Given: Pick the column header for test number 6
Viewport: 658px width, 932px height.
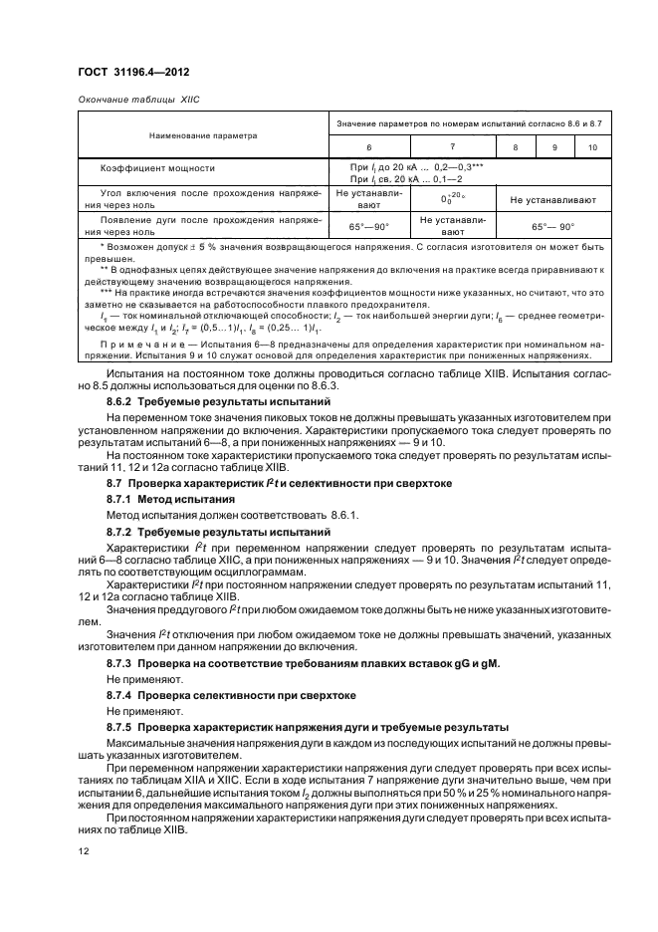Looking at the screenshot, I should click(x=368, y=146).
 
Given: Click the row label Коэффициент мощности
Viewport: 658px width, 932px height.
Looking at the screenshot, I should click(x=157, y=168).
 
